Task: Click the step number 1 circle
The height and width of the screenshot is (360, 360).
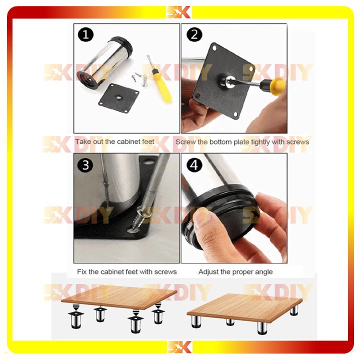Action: pyautogui.click(x=85, y=34)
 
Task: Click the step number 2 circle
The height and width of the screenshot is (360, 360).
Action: pyautogui.click(x=194, y=34)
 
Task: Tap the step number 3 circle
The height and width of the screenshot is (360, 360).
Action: pyautogui.click(x=85, y=165)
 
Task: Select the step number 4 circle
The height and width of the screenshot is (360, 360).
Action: pyautogui.click(x=194, y=165)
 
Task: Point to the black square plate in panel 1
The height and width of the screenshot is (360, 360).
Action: pyautogui.click(x=119, y=98)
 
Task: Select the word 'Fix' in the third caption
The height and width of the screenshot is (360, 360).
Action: pyautogui.click(x=81, y=272)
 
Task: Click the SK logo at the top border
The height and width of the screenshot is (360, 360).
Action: pyautogui.click(x=179, y=12)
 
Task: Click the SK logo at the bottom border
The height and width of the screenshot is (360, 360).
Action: pyautogui.click(x=179, y=347)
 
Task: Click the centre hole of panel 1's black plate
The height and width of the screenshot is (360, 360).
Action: pyautogui.click(x=118, y=97)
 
